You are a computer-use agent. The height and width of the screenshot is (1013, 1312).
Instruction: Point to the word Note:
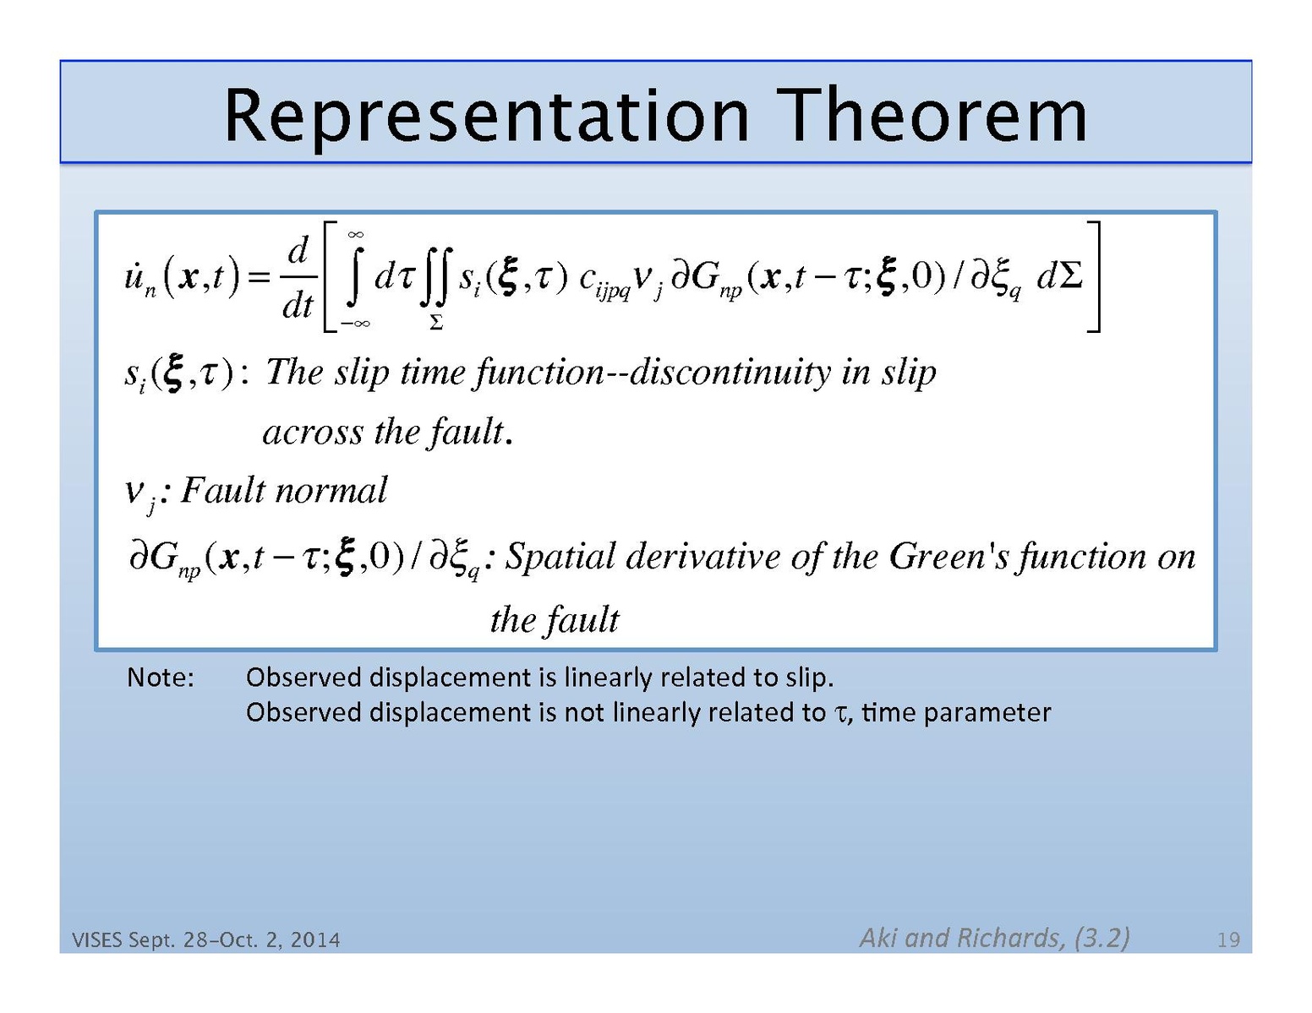161,678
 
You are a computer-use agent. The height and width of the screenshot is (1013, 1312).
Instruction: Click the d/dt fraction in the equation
298,277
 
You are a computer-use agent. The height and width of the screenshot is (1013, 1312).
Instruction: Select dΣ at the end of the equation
1059,277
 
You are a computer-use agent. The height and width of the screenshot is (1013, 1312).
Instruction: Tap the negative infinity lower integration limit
355,324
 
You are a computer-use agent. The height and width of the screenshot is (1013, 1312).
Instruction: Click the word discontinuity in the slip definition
730,373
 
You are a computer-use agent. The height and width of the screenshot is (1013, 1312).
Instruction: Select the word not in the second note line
584,712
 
